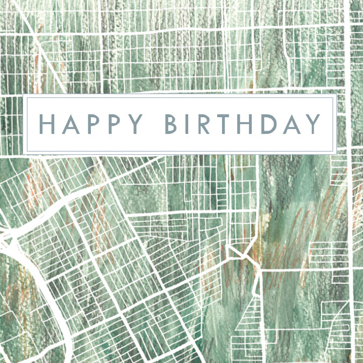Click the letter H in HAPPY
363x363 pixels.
(49, 124)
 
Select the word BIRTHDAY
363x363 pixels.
(243, 124)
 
